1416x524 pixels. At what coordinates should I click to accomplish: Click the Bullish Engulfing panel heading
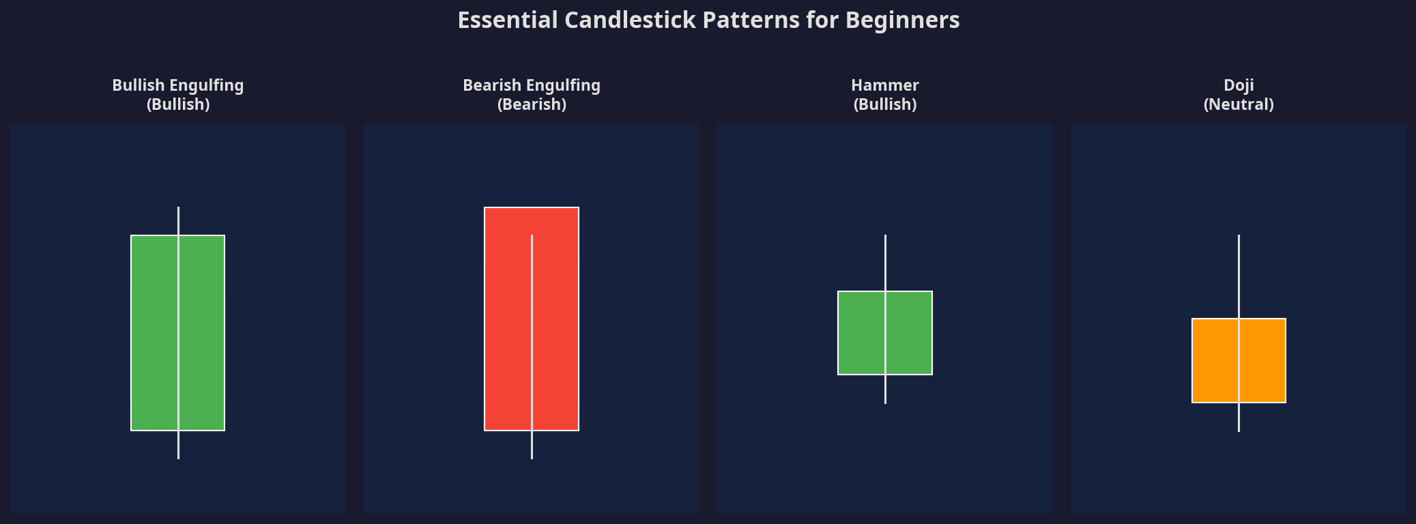[x=177, y=85]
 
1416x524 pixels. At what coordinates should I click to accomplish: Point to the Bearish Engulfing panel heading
[x=531, y=85]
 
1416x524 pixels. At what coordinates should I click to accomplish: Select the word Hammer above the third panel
[x=884, y=85]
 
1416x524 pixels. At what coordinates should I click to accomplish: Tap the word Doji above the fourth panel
[x=1239, y=85]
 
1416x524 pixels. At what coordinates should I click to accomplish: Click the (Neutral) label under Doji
[x=1239, y=104]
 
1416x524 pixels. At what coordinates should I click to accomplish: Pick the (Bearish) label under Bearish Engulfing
[x=531, y=104]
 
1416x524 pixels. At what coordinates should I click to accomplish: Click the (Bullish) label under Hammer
[x=884, y=104]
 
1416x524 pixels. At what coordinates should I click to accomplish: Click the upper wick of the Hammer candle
[x=885, y=263]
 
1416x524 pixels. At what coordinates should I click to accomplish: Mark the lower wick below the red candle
[x=532, y=445]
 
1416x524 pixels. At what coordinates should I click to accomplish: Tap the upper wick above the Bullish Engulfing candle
[x=178, y=221]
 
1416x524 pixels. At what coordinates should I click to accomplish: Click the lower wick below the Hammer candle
[x=885, y=390]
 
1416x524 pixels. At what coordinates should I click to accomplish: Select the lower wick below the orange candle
[x=1239, y=418]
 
